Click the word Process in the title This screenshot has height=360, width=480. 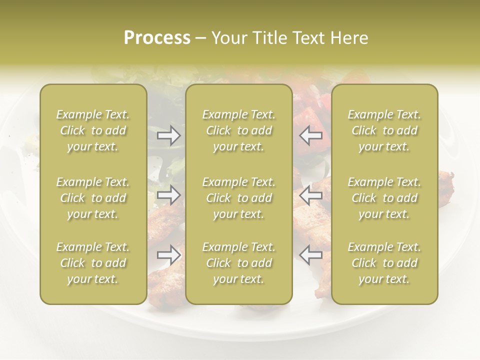[x=157, y=38]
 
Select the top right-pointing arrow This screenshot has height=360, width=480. [x=169, y=135]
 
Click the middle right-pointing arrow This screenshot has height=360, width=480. [x=169, y=195]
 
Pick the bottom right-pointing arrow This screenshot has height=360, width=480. [x=169, y=255]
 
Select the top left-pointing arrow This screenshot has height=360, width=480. [x=311, y=135]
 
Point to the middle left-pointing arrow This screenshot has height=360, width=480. [x=311, y=195]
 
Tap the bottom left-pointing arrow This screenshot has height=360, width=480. [x=311, y=255]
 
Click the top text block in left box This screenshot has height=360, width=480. [x=93, y=130]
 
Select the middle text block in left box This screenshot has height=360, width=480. [x=93, y=198]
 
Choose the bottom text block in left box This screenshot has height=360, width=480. [x=93, y=263]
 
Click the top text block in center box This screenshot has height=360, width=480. [x=239, y=130]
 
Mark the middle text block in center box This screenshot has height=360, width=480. [x=239, y=198]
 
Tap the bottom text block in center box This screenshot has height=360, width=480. [x=239, y=263]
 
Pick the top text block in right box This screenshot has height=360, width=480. [x=384, y=130]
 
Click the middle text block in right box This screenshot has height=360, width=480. [x=384, y=198]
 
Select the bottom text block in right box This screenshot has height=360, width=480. [x=384, y=263]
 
